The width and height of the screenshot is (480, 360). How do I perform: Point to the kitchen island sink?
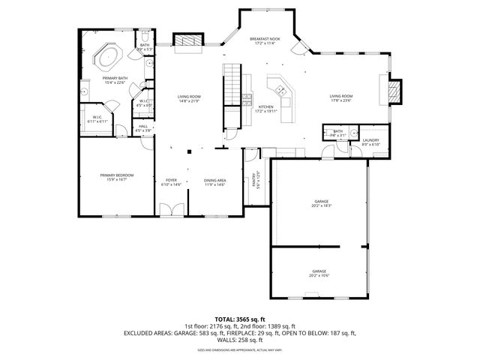click(281, 91)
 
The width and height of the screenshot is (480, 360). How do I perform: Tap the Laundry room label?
click(370, 139)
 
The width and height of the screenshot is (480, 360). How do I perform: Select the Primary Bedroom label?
click(116, 175)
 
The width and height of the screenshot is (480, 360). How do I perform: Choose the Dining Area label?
click(215, 181)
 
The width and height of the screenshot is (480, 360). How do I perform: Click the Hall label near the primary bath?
click(143, 127)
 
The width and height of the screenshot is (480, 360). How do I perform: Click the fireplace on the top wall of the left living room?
click(184, 42)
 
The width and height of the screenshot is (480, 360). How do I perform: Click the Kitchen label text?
click(265, 107)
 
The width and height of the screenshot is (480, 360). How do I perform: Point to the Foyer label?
click(172, 181)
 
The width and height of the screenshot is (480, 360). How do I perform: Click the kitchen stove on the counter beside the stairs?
click(247, 97)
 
